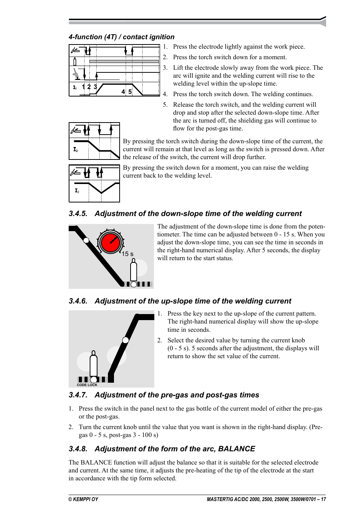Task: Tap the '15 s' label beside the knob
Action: pos(128,254)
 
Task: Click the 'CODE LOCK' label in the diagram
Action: pos(87,385)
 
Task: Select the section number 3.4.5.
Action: pos(78,214)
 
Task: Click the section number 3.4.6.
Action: pos(78,301)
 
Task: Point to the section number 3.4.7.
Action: pos(78,395)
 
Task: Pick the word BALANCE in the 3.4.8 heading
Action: pos(237,449)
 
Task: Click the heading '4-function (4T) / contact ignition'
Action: pos(122,37)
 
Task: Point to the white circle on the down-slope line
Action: pos(86,240)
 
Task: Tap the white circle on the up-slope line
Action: pos(126,340)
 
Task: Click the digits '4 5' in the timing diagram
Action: pos(126,92)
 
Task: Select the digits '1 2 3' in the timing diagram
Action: pos(89,87)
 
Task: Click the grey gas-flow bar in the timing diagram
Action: pos(124,61)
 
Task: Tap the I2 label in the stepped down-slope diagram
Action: pos(75,150)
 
